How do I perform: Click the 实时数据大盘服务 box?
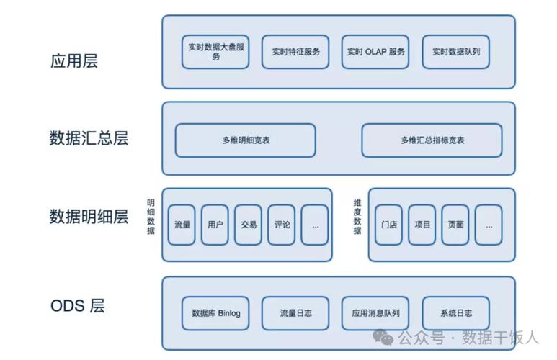tap(215, 52)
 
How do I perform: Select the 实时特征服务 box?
tap(295, 52)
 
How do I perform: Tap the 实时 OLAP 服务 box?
tap(375, 52)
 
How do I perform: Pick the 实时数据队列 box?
tap(455, 52)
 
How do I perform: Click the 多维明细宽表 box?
tap(246, 140)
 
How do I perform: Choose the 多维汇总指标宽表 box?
tap(432, 140)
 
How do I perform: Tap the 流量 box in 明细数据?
tap(182, 225)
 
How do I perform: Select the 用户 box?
tap(215, 225)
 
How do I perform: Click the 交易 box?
tap(249, 225)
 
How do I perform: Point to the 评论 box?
tap(282, 225)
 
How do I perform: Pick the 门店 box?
tap(389, 225)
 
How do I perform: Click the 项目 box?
tap(422, 225)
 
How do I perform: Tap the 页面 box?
tap(455, 225)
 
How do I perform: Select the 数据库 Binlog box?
tap(215, 313)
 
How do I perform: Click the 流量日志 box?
tap(295, 313)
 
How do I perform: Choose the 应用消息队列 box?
tap(375, 313)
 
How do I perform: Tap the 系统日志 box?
tap(455, 313)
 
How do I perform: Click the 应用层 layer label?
tap(73, 60)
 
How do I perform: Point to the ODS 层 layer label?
tap(77, 305)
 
